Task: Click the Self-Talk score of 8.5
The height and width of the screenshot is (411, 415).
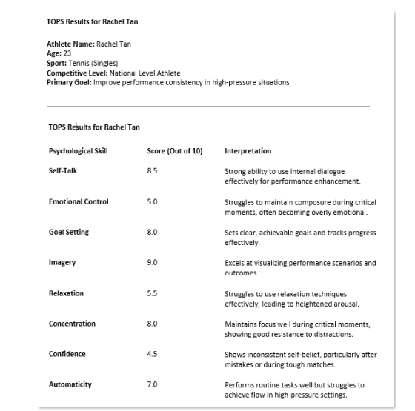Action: [152, 171]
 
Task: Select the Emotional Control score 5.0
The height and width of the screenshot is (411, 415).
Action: [152, 201]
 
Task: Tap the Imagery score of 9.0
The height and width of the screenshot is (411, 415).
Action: [152, 262]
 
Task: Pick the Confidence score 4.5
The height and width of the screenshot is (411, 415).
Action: [152, 354]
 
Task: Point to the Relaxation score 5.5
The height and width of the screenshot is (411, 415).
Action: [152, 293]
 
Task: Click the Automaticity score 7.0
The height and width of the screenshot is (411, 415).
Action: [152, 384]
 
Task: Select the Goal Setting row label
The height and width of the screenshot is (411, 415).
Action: [69, 232]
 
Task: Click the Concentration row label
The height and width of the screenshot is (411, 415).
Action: [72, 324]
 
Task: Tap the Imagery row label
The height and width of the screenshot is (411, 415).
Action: [62, 262]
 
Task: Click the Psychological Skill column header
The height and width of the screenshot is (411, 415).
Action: [78, 151]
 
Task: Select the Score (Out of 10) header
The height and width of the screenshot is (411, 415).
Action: [174, 151]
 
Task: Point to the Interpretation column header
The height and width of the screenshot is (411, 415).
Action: [248, 151]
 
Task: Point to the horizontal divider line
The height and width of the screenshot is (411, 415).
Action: [207, 107]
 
